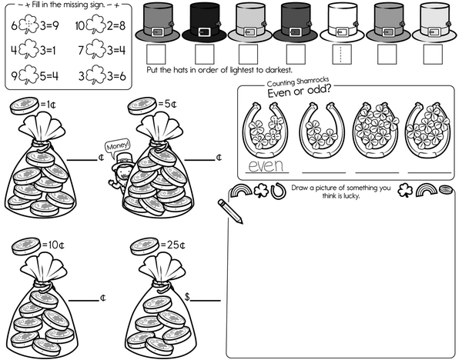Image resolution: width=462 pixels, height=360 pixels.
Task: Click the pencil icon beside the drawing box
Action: (230, 210)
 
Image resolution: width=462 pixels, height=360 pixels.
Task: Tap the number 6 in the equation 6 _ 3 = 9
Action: (14, 26)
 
